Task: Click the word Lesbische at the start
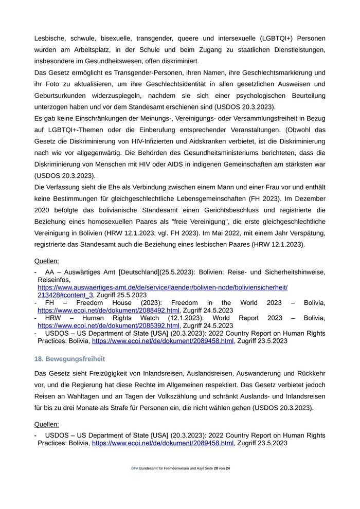click(50, 39)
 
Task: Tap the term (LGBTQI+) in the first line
click(273, 39)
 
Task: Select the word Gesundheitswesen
click(103, 61)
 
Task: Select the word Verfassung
click(67, 187)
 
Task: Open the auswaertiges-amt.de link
click(163, 287)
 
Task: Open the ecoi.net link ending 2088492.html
click(109, 311)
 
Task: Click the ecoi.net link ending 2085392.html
click(109, 325)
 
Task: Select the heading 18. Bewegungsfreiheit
click(69, 358)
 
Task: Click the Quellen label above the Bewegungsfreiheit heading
click(47, 261)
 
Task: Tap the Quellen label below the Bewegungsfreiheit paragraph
click(47, 424)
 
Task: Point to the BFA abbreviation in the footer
click(135, 468)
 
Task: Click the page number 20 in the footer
click(215, 468)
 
